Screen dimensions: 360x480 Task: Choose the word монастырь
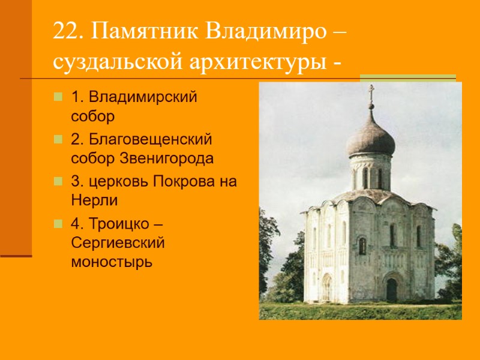(x=111, y=262)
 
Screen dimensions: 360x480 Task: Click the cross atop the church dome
(x=371, y=91)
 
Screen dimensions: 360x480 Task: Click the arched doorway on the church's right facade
(x=391, y=289)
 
